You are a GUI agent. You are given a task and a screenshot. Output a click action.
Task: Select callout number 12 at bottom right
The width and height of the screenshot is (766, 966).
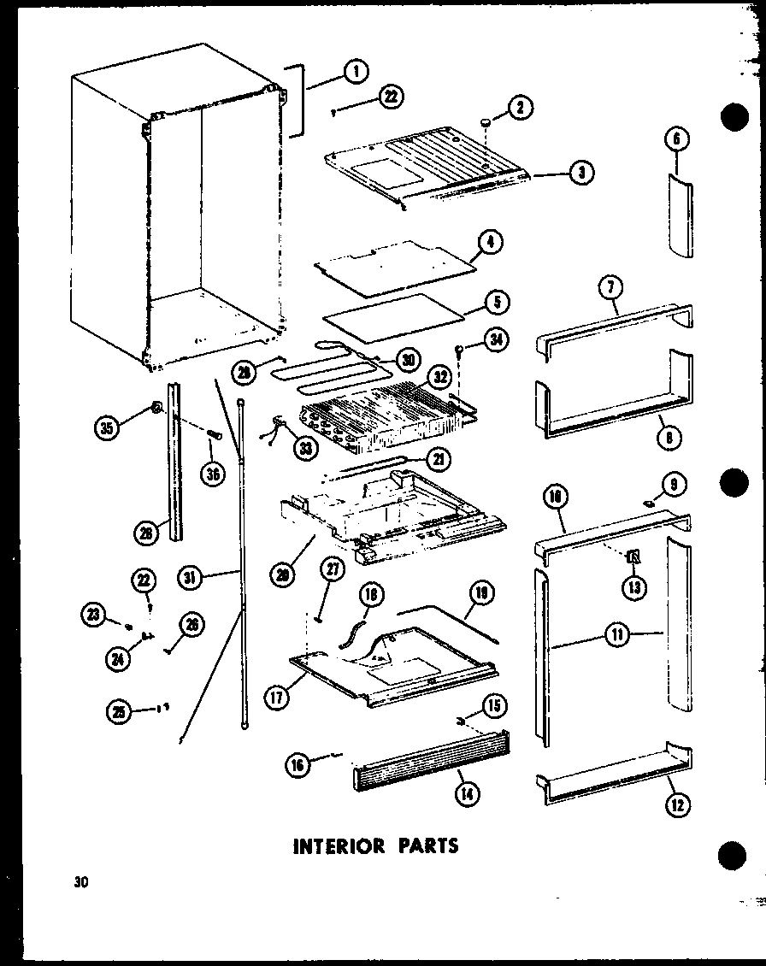coord(679,804)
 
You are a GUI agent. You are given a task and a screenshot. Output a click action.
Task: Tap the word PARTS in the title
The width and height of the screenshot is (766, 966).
coord(426,845)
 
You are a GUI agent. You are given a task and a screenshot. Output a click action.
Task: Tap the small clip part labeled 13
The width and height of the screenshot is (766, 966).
coord(634,558)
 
